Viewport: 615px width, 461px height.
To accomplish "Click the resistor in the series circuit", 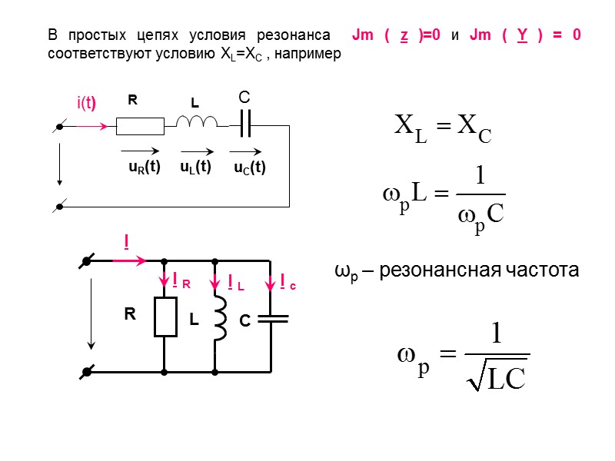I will [140, 125].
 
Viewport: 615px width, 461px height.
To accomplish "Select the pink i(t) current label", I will [85, 103].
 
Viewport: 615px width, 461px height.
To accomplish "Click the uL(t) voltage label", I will [196, 167].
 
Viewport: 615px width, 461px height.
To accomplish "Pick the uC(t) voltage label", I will [250, 167].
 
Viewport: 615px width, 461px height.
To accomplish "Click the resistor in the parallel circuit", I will [165, 317].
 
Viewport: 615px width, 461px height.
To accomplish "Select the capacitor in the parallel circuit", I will [271, 317].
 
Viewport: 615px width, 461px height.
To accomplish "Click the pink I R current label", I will [181, 282].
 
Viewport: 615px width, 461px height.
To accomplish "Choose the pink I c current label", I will [288, 284].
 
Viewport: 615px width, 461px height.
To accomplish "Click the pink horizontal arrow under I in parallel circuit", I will [129, 261].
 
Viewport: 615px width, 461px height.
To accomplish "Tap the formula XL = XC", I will [441, 128].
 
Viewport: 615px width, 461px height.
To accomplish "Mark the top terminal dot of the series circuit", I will [59, 128].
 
